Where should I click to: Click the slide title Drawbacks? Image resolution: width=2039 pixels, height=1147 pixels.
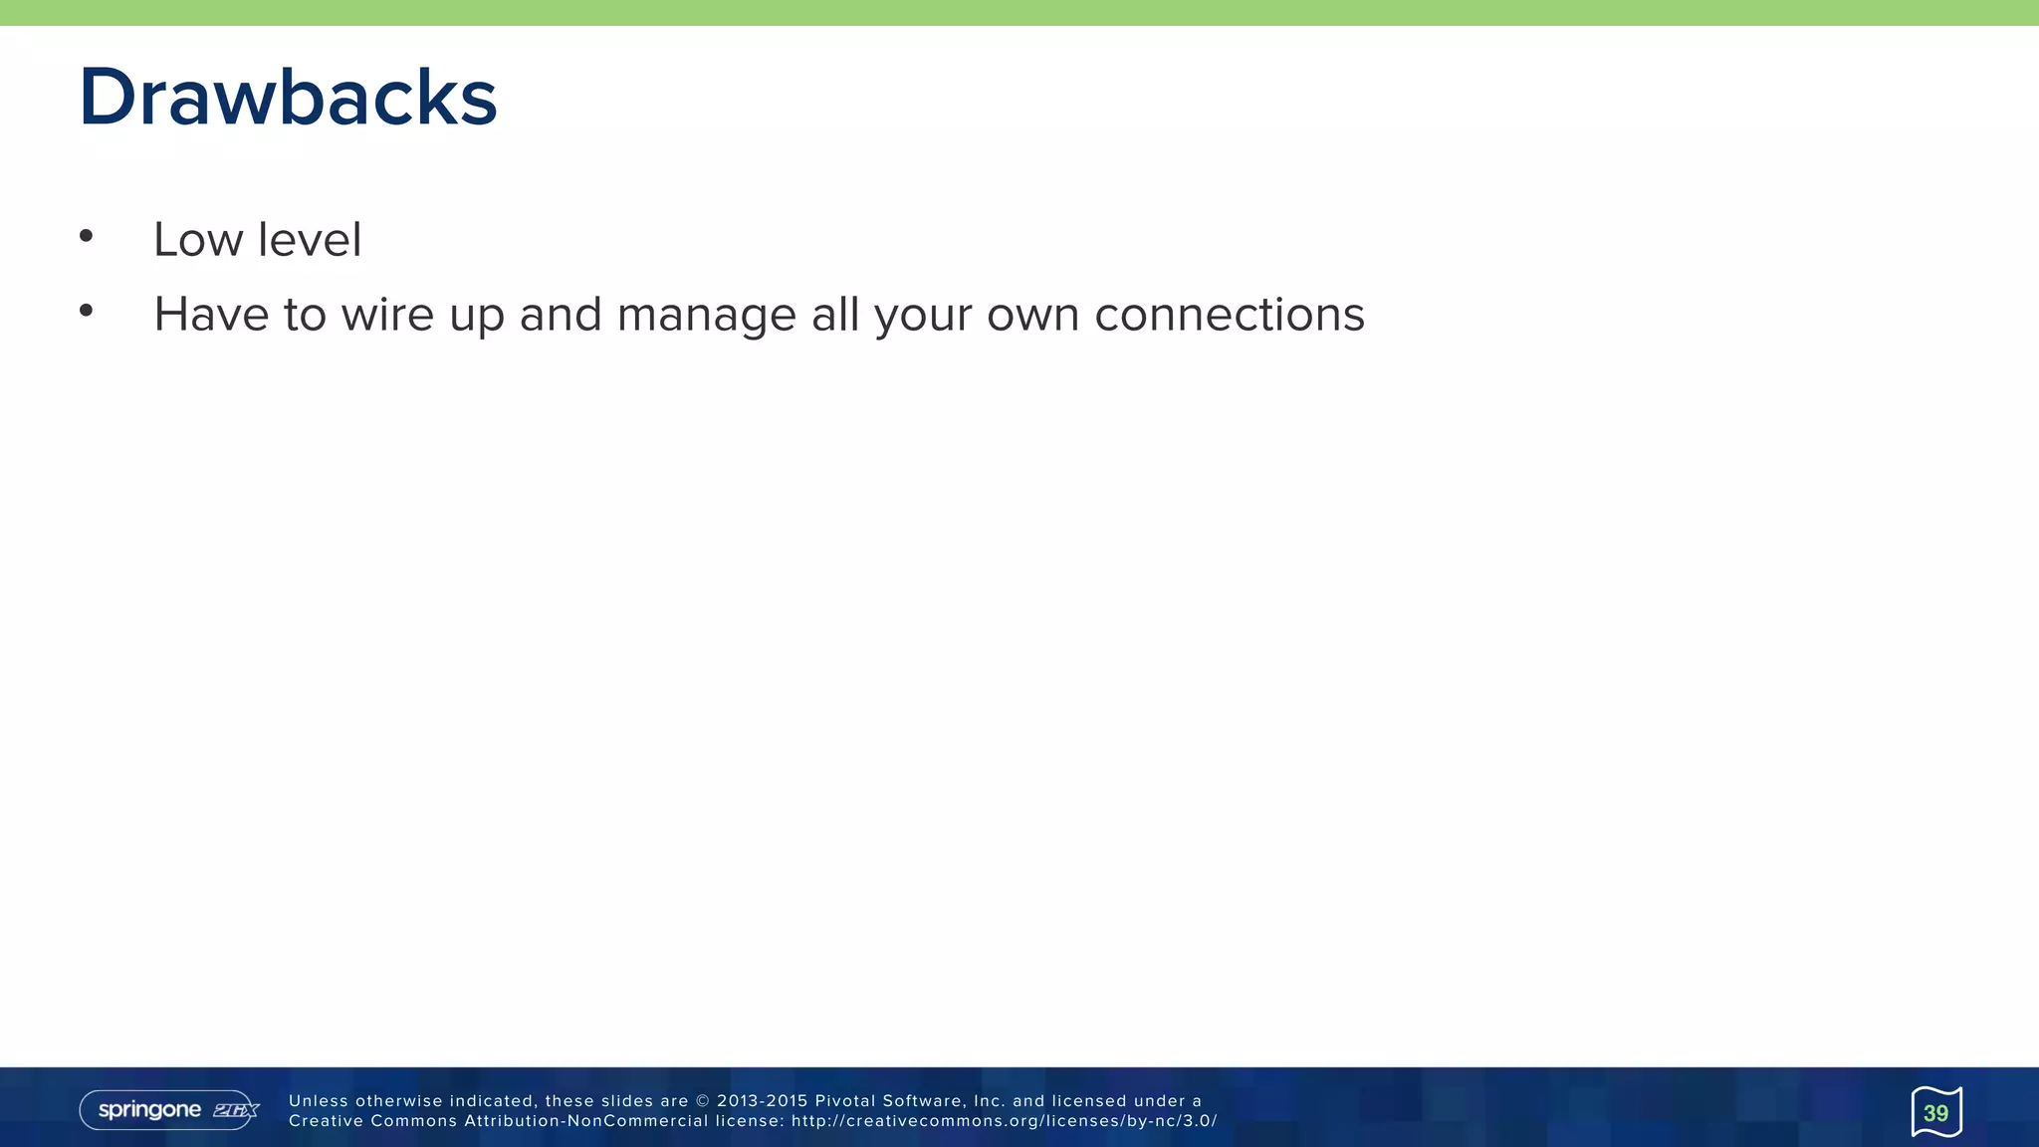pos(288,98)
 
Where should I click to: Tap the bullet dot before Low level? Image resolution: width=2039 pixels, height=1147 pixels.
pos(87,236)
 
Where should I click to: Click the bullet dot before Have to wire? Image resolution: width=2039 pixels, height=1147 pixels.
pos(87,311)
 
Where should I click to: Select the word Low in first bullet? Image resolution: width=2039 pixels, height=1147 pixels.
pos(198,240)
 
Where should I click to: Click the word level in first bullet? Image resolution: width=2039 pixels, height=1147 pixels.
pos(310,240)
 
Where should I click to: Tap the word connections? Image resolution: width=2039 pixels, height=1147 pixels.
pos(1229,315)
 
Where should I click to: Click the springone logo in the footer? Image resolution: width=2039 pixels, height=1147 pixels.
pos(149,1110)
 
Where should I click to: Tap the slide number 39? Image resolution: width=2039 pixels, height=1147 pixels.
pos(1935,1113)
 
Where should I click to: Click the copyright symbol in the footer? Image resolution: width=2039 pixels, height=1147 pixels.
pos(703,1101)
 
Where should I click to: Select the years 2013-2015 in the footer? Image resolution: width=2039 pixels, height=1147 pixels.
pos(762,1101)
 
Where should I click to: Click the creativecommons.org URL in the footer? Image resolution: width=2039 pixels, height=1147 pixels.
pos(1004,1121)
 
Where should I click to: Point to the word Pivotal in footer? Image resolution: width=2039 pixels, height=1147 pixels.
pos(844,1101)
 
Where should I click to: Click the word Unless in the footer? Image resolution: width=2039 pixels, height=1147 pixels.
pos(318,1101)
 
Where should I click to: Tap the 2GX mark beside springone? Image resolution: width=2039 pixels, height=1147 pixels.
pos(236,1110)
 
